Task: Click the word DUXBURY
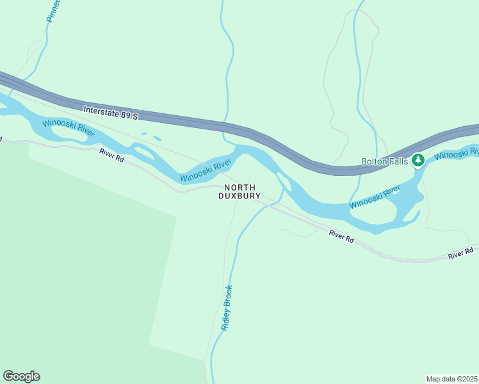tap(239, 196)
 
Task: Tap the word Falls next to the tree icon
tap(399, 162)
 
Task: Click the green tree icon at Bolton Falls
tap(418, 159)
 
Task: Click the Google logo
tap(21, 376)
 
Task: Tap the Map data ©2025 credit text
tap(451, 379)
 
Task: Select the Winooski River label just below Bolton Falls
tap(375, 196)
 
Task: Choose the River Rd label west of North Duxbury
tap(111, 154)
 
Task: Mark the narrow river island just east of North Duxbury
tap(284, 182)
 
